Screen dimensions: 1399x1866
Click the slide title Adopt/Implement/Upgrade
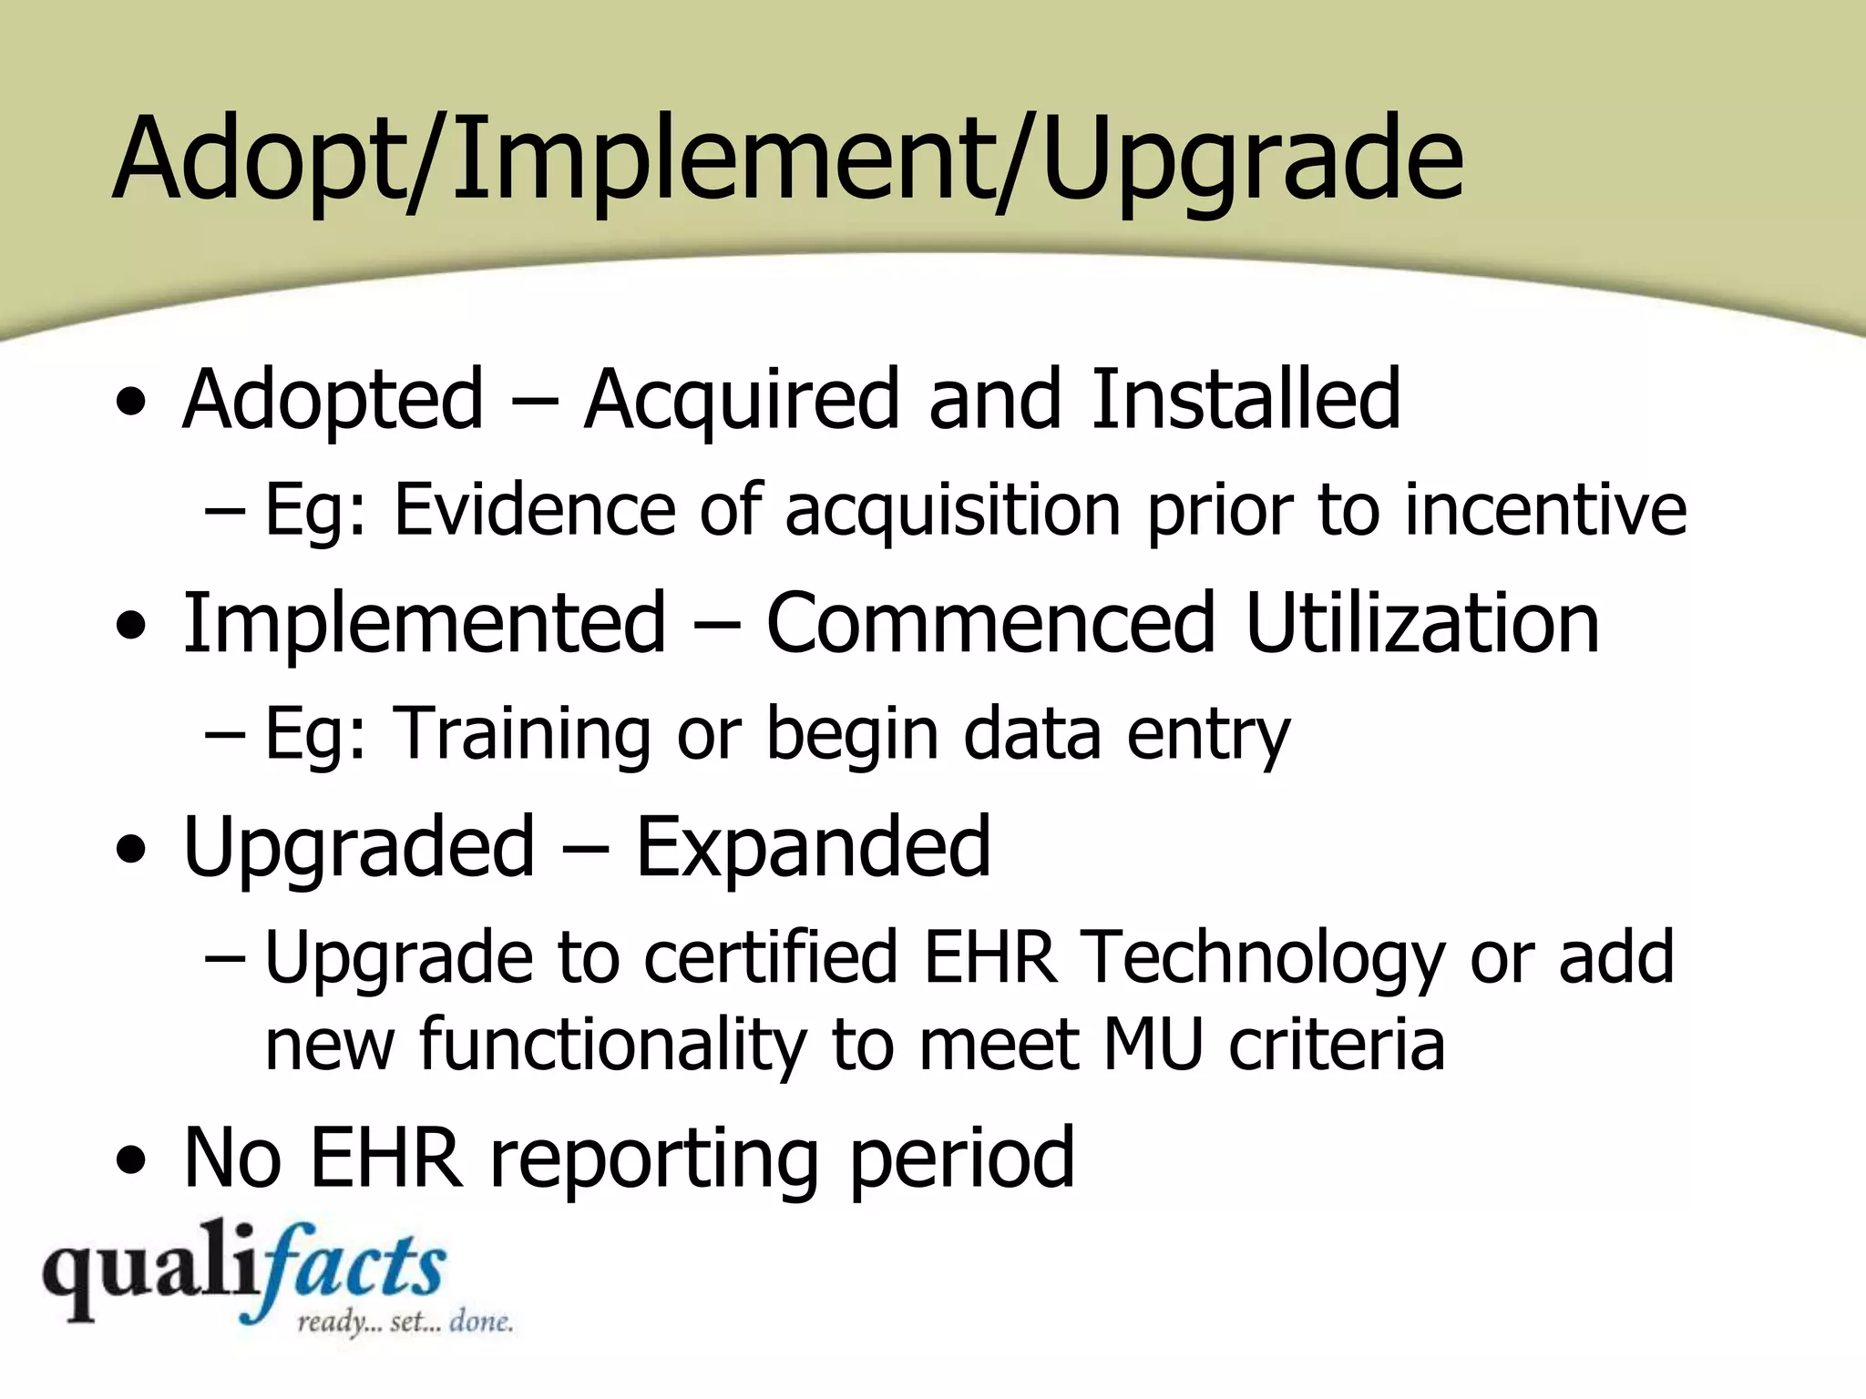pos(788,159)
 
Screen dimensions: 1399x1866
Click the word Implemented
pos(425,623)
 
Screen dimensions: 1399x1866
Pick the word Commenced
pos(990,623)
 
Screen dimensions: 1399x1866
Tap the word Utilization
pos(1422,623)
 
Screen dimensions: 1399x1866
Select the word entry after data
pos(1208,734)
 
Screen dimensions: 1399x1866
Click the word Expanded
pos(813,847)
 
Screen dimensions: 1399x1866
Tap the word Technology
pos(1263,958)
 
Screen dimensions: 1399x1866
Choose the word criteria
pos(1337,1044)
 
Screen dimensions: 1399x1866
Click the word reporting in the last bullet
pos(653,1159)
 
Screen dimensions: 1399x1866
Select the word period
pos(962,1159)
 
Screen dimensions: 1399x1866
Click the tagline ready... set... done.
pos(405,1322)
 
